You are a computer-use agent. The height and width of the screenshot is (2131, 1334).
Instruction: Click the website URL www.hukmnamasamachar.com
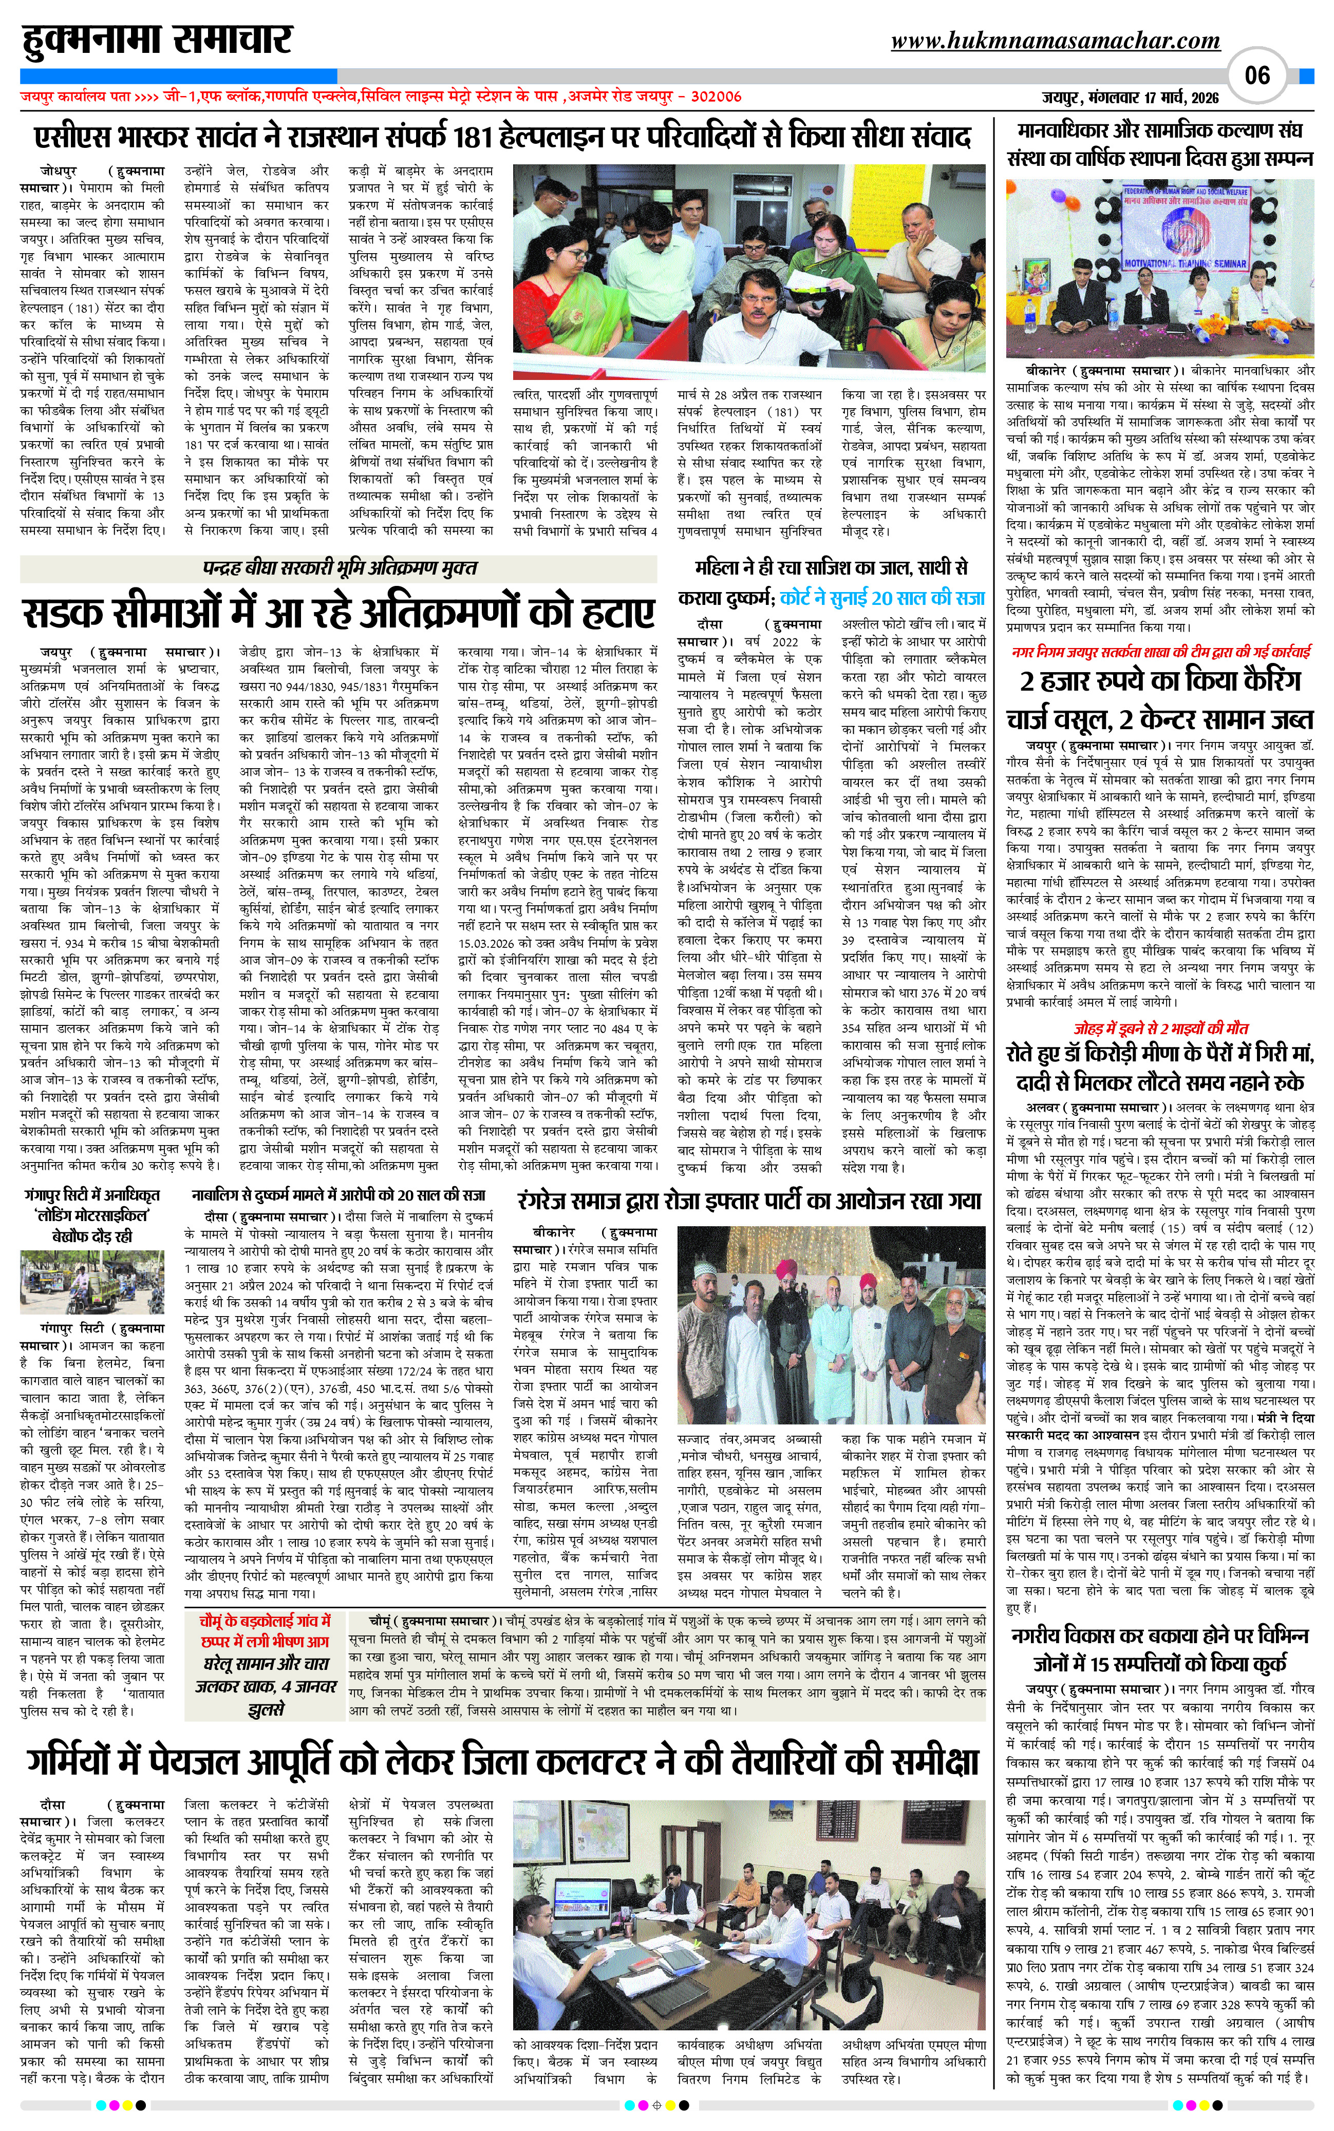coord(1055,41)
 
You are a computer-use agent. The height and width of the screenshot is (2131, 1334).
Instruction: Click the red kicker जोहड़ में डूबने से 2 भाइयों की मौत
coord(1160,1028)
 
